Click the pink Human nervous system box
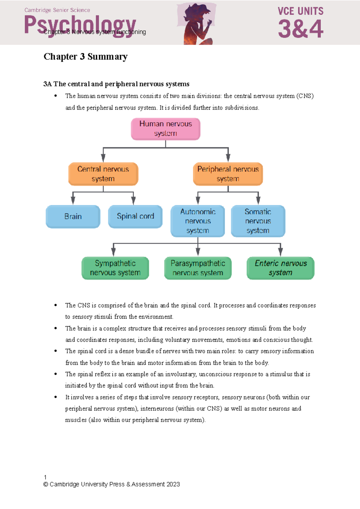click(166, 129)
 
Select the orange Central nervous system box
click(103, 174)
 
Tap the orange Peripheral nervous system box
click(228, 174)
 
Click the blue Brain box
click(73, 216)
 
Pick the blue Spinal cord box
click(135, 216)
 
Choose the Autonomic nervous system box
click(198, 221)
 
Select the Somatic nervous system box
click(258, 221)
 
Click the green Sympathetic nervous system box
click(115, 268)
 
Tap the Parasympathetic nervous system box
click(198, 268)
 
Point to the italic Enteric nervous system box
click(280, 268)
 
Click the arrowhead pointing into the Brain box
click(73, 201)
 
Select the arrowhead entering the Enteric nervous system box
click(280, 253)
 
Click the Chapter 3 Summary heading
click(85, 57)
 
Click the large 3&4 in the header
click(301, 29)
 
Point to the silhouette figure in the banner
click(196, 24)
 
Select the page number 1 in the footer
click(45, 477)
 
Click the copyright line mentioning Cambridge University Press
click(112, 484)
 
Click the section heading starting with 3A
click(116, 84)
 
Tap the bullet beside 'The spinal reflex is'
click(55, 374)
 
